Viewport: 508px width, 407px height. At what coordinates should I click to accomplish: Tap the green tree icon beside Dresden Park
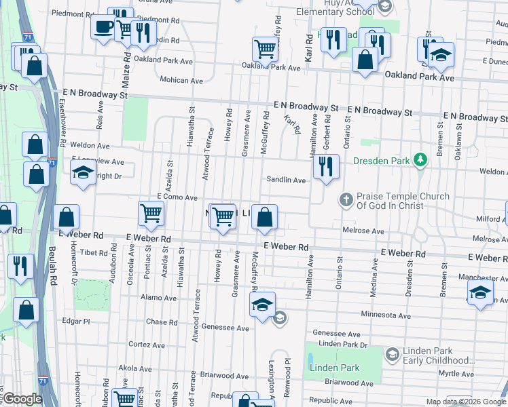[421, 160]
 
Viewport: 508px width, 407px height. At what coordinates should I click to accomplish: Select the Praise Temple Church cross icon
[346, 199]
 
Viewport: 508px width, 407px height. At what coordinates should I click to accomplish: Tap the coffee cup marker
[104, 27]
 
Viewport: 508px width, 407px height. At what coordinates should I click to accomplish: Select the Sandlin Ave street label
[286, 180]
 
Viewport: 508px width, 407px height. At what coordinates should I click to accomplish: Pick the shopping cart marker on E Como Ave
[151, 213]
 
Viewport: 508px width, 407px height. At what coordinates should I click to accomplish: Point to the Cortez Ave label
[147, 345]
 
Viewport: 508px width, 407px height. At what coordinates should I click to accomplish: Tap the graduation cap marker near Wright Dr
[82, 172]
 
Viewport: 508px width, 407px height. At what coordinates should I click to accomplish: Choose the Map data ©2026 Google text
[466, 402]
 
